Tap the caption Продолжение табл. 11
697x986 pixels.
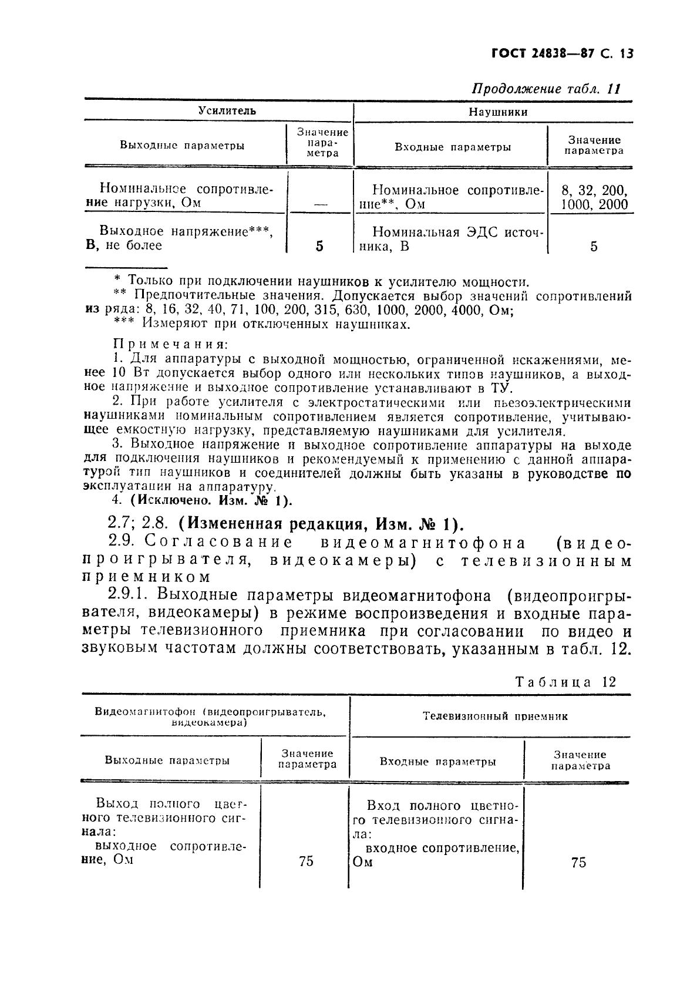pyautogui.click(x=547, y=89)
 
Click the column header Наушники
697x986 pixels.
pyautogui.click(x=497, y=112)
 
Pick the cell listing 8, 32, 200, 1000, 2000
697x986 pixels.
pyautogui.click(x=594, y=197)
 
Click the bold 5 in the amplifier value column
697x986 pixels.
pyautogui.click(x=319, y=245)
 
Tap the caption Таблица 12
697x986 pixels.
pyautogui.click(x=565, y=682)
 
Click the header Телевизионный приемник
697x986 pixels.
pyautogui.click(x=495, y=716)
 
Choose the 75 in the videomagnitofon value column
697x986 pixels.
pyautogui.click(x=306, y=861)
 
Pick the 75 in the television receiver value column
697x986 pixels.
pyautogui.click(x=578, y=862)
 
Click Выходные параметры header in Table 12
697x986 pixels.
pyautogui.click(x=167, y=760)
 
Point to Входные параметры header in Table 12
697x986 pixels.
pyautogui.click(x=437, y=762)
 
